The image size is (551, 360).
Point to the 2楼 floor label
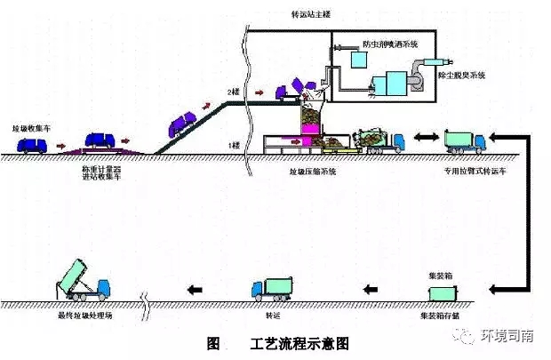(235, 92)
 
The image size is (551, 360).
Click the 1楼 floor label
(235, 144)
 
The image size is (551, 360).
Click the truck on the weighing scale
(101, 142)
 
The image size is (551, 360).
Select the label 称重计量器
(100, 165)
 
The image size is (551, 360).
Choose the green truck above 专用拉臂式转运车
(464, 140)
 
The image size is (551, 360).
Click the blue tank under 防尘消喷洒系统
(362, 60)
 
